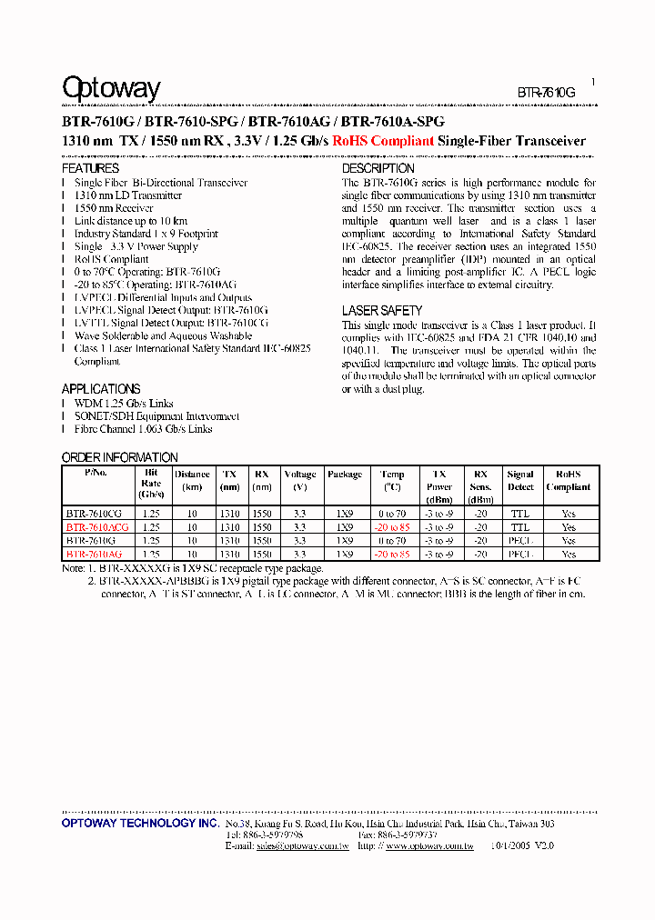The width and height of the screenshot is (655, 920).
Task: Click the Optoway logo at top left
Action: click(x=111, y=88)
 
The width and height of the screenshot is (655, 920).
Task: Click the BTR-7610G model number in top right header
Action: click(x=547, y=93)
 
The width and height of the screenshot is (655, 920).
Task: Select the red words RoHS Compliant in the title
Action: click(x=383, y=141)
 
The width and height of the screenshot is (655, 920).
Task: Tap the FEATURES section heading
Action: click(x=90, y=168)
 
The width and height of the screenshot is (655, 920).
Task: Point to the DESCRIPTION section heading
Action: click(x=378, y=168)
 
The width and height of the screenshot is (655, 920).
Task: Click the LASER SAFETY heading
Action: click(x=381, y=311)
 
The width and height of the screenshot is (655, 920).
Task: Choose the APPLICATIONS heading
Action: click(x=101, y=388)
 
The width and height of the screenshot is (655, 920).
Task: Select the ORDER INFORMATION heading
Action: click(x=119, y=457)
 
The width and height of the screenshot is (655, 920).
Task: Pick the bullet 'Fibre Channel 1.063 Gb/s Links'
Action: click(x=143, y=429)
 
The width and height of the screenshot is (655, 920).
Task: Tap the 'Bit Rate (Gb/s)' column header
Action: click(x=151, y=484)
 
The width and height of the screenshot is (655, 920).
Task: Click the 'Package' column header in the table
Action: click(x=345, y=475)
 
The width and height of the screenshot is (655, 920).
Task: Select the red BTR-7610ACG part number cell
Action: click(x=96, y=527)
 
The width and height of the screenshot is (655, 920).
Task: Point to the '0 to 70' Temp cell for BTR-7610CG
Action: click(x=392, y=514)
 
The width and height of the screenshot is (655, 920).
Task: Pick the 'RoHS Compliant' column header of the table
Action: click(x=569, y=480)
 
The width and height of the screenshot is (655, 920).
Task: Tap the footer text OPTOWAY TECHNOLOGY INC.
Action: click(x=140, y=824)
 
